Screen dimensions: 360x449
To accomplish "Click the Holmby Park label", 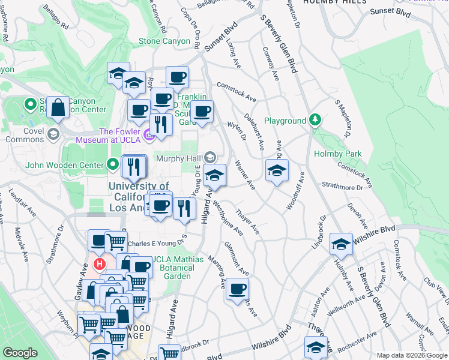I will [x=338, y=154].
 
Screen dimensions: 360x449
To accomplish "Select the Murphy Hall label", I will [x=179, y=158].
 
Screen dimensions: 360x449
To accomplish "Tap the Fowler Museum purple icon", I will [x=149, y=136].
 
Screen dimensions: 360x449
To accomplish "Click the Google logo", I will [x=20, y=353].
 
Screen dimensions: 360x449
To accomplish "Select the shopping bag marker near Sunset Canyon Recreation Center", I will [x=58, y=108].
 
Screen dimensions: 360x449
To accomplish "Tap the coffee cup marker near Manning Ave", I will [x=237, y=289].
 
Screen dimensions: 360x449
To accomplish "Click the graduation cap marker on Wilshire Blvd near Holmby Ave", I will [x=341, y=244].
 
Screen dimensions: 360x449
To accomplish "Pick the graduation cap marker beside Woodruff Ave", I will [x=277, y=170].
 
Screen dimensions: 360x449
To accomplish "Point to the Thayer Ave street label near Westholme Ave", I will [x=247, y=221].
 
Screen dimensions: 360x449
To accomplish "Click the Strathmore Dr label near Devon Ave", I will [x=343, y=187].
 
